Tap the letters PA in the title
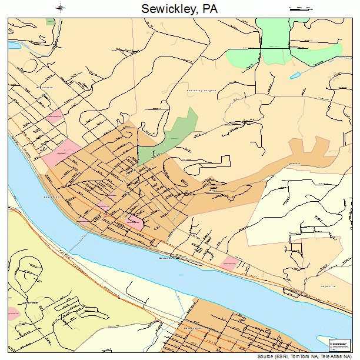tap(210, 9)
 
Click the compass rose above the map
tap(61, 8)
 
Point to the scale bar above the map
tap(301, 8)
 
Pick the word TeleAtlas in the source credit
tap(333, 356)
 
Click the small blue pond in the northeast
tap(294, 75)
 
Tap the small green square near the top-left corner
tap(51, 21)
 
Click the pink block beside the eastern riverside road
tap(230, 263)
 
